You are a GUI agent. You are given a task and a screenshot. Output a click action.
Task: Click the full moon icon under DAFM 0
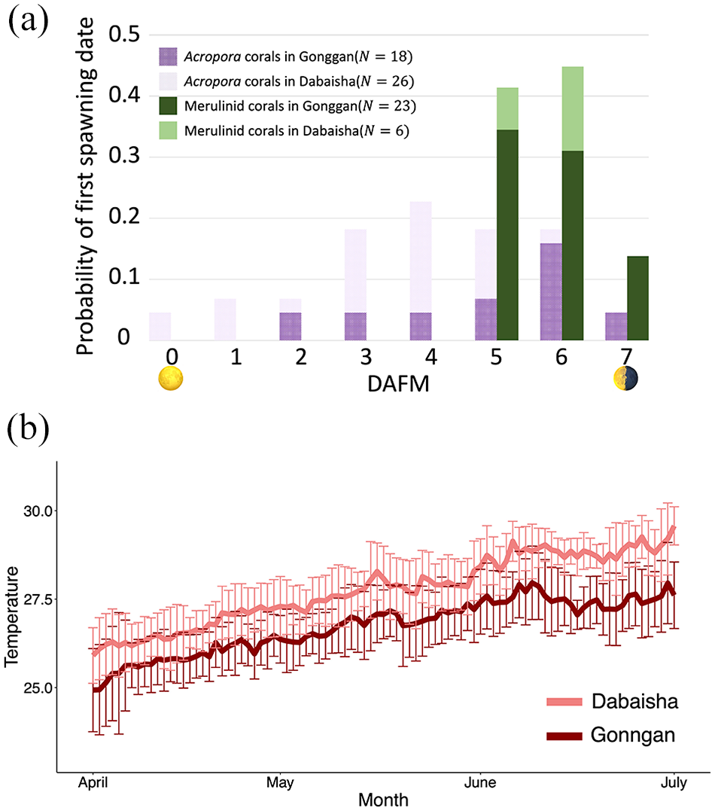pyautogui.click(x=171, y=378)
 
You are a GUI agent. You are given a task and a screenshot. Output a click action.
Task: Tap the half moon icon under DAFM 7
pyautogui.click(x=625, y=378)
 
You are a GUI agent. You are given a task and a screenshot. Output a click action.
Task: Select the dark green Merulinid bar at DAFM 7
pyautogui.click(x=637, y=298)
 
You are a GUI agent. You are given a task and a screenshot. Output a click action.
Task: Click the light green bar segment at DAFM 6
pyautogui.click(x=572, y=108)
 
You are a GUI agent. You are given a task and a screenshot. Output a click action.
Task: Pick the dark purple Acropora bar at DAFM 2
pyautogui.click(x=290, y=326)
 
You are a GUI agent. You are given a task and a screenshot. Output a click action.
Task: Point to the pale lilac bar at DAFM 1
pyautogui.click(x=225, y=319)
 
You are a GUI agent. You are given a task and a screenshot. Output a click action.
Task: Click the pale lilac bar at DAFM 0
pyautogui.click(x=160, y=326)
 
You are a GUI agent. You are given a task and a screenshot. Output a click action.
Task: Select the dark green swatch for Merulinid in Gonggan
pyautogui.click(x=168, y=106)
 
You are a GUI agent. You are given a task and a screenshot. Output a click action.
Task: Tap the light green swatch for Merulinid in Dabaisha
pyautogui.click(x=168, y=131)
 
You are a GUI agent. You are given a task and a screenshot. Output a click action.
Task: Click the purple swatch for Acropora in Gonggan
pyautogui.click(x=168, y=56)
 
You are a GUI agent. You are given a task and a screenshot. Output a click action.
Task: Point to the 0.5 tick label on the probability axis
pyautogui.click(x=124, y=34)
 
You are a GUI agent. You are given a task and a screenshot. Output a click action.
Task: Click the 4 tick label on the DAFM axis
pyautogui.click(x=431, y=357)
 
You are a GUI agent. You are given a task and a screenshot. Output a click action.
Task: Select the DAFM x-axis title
pyautogui.click(x=398, y=384)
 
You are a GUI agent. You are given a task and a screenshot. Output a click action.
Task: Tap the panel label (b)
pyautogui.click(x=28, y=428)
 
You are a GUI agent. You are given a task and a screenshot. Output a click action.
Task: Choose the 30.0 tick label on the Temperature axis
pyautogui.click(x=38, y=511)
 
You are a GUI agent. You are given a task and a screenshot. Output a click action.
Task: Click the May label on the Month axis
pyautogui.click(x=280, y=782)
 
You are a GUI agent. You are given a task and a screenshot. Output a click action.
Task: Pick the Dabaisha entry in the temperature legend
pyautogui.click(x=613, y=701)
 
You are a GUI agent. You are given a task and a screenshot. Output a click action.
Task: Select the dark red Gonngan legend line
pyautogui.click(x=564, y=736)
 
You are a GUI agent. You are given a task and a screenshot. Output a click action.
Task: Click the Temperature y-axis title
pyautogui.click(x=11, y=617)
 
